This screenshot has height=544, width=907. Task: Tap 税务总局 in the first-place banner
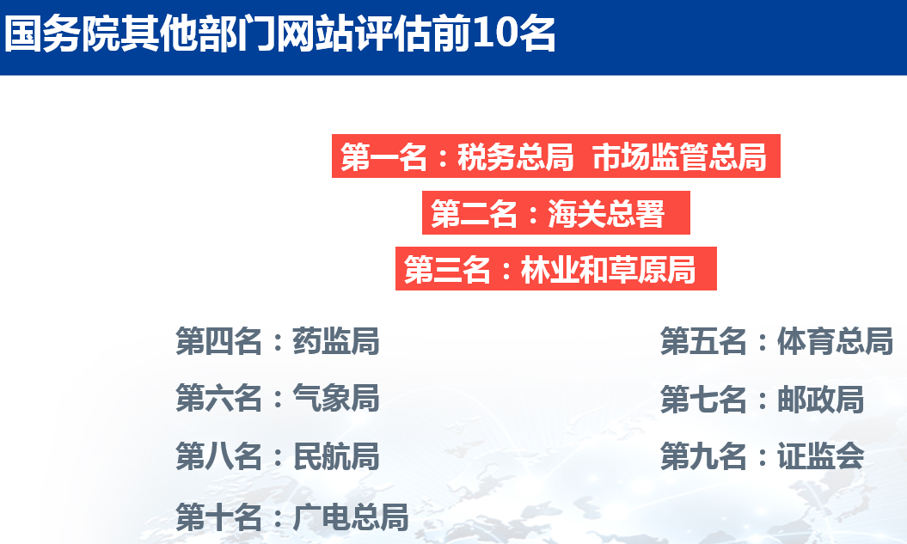515,156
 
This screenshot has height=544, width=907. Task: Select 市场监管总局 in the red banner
680,156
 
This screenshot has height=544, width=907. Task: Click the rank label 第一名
384,156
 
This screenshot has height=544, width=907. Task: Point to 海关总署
605,213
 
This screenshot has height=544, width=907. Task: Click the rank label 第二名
475,213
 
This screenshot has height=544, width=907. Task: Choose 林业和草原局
608,269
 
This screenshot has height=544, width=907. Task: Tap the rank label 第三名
447,269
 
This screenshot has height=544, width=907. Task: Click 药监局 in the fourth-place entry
336,341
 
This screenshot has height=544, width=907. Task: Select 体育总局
836,341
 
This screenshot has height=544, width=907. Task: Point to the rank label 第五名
704,341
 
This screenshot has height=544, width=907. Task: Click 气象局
336,398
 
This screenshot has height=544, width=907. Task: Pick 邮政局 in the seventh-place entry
821,400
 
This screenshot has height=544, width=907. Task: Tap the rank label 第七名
704,400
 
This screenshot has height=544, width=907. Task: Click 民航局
336,456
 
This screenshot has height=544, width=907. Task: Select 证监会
821,456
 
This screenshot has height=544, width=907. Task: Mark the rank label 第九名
704,456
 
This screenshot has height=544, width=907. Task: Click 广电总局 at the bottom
351,516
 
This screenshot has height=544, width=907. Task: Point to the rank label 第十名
219,516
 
